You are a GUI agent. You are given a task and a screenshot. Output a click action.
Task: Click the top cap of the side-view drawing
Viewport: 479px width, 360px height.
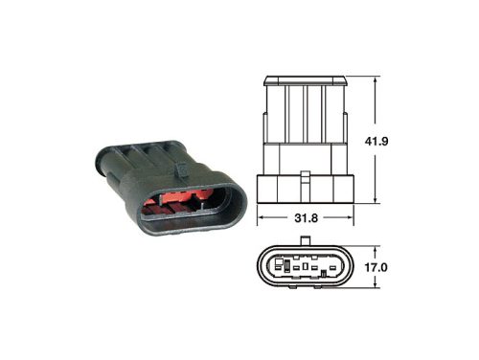(307, 79)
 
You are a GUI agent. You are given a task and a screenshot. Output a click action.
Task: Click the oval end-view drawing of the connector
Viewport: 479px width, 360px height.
(307, 269)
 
